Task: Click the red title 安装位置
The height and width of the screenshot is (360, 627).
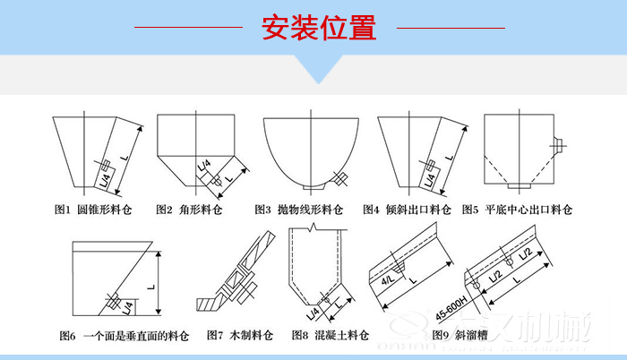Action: [318, 28]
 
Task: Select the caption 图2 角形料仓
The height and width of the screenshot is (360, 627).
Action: [187, 210]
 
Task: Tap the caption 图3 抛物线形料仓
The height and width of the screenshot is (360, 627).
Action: [299, 210]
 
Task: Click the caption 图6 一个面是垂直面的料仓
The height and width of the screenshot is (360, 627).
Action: [125, 337]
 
